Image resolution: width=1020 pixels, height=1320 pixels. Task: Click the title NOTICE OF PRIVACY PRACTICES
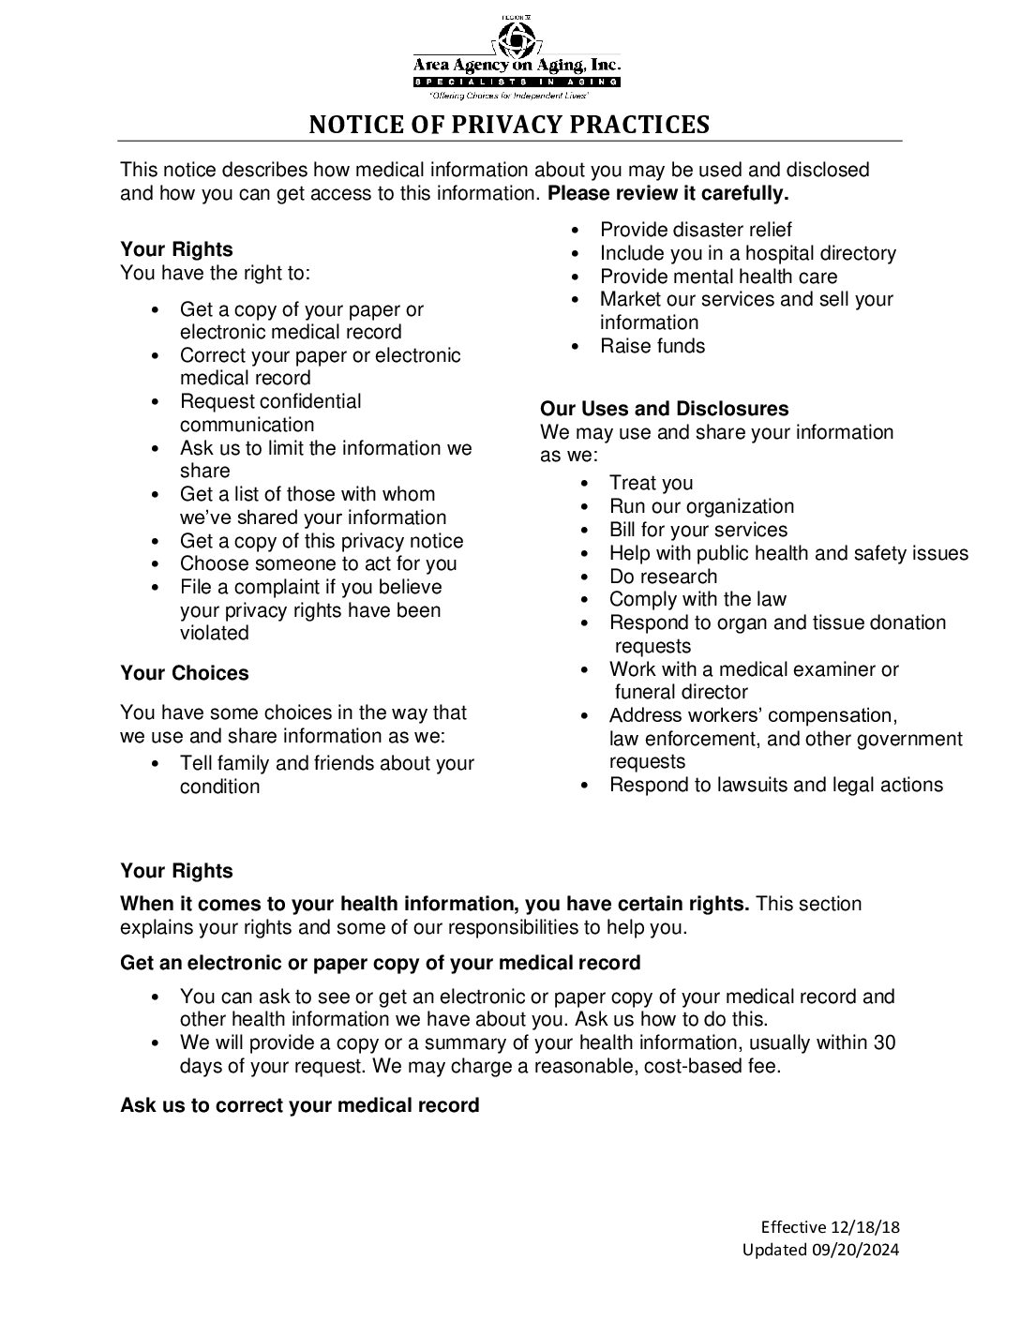(x=509, y=125)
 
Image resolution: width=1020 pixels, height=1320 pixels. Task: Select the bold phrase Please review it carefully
(x=667, y=193)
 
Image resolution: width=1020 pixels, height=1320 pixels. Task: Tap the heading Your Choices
(x=185, y=673)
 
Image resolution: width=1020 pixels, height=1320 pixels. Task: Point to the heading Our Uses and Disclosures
(x=664, y=409)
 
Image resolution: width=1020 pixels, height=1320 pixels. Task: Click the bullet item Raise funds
(x=652, y=346)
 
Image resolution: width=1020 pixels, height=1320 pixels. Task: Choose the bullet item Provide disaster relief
(x=696, y=230)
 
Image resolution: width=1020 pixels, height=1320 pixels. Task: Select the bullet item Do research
(x=663, y=577)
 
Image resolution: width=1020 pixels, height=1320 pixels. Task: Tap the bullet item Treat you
(x=651, y=483)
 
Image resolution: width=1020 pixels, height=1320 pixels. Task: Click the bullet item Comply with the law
(x=697, y=599)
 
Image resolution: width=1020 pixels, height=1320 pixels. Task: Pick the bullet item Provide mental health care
(x=718, y=277)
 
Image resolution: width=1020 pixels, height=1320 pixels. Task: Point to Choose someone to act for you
(x=318, y=563)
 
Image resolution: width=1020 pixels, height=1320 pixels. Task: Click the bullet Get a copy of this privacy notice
(x=322, y=541)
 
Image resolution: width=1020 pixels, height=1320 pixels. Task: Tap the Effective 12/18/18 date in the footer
(x=830, y=1227)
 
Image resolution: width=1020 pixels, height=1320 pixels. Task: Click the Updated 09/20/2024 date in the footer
(x=820, y=1249)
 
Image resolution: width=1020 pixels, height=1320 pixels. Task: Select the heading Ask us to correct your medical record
(x=299, y=1105)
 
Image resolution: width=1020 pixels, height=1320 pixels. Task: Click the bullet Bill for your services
(x=697, y=530)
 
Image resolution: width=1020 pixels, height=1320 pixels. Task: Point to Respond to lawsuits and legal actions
(x=775, y=785)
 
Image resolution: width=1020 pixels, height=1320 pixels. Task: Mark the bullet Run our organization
(x=701, y=506)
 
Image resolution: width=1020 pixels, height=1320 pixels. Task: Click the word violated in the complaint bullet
(x=215, y=633)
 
